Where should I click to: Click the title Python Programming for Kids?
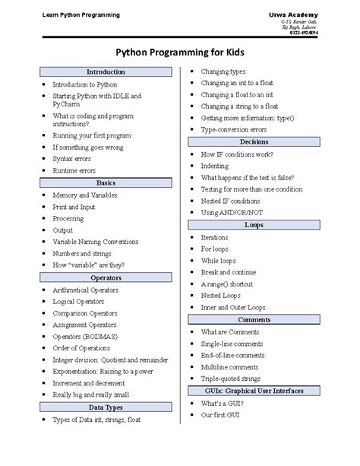pos(179,52)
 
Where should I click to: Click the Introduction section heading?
pos(106,71)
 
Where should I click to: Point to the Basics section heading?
pos(106,183)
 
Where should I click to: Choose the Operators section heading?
pos(106,277)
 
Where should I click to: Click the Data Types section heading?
pos(106,407)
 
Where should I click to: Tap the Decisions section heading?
pos(253,142)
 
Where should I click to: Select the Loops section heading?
pos(253,225)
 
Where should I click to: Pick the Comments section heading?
pos(253,320)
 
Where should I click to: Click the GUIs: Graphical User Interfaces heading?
pos(253,390)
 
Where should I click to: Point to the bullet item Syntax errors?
pos(72,159)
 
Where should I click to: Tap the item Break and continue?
pos(228,271)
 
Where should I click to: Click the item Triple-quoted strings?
pos(229,379)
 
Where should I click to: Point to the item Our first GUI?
pos(221,415)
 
